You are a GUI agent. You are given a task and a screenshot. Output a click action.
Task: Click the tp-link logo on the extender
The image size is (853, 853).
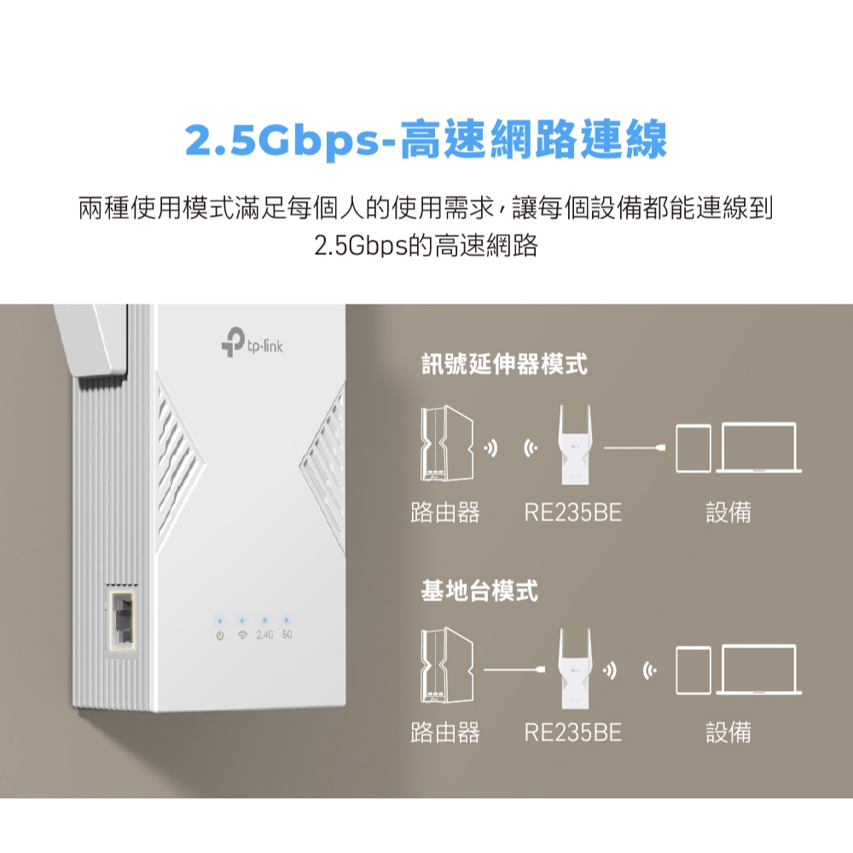pos(252,342)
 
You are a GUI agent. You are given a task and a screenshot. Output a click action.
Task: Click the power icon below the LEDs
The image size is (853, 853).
pos(220,635)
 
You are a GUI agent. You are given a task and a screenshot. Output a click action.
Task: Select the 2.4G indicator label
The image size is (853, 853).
pos(264,635)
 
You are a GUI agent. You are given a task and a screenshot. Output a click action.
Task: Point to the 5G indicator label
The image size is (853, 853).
pos(287,635)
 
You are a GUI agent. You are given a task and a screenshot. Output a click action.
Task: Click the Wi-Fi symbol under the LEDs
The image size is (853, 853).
pos(242,635)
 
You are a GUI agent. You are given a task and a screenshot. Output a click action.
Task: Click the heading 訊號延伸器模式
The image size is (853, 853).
pos(504,364)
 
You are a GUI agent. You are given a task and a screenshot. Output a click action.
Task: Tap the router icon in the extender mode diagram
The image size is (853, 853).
pos(446,444)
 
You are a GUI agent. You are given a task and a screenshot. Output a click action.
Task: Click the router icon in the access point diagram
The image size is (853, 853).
pos(446,665)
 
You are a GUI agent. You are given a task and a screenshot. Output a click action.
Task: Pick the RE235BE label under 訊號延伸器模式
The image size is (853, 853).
pos(573,513)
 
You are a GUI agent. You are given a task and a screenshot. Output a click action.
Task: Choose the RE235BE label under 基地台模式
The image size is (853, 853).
pos(573,732)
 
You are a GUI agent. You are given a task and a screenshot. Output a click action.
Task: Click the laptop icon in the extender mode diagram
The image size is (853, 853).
pos(759,448)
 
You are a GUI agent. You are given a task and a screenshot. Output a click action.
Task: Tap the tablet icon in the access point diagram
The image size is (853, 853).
pos(693,670)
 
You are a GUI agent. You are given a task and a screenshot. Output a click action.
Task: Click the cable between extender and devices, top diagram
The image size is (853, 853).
pos(635,448)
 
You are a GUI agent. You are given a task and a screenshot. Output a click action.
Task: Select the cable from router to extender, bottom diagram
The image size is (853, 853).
pos(514,670)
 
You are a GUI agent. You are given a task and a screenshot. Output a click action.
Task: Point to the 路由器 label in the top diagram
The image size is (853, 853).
pos(445,513)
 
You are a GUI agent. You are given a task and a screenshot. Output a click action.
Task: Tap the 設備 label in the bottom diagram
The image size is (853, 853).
pos(728,732)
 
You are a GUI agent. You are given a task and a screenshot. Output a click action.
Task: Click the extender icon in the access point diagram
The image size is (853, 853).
pos(575,668)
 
